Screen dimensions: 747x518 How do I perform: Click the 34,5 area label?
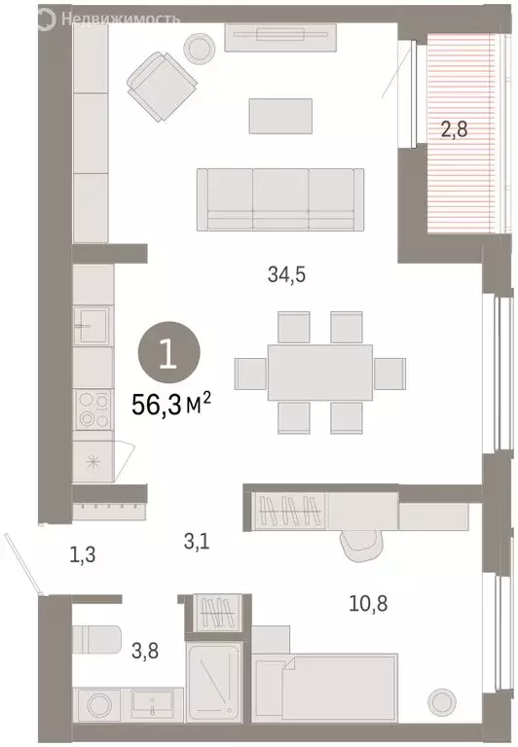287,274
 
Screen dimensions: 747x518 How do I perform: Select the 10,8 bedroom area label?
367,601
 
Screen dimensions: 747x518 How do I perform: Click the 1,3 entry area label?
84,556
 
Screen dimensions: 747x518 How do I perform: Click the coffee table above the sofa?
281,116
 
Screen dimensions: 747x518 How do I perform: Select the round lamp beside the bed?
443,699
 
